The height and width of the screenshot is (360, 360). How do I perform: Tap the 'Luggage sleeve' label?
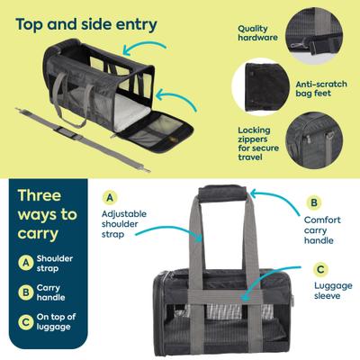coord(328,292)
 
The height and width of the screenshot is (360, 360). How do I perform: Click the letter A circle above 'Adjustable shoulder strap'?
coord(111,196)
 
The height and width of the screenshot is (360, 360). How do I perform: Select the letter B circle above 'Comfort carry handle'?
coord(314,202)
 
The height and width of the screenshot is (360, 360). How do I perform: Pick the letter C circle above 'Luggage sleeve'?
coord(319,268)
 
